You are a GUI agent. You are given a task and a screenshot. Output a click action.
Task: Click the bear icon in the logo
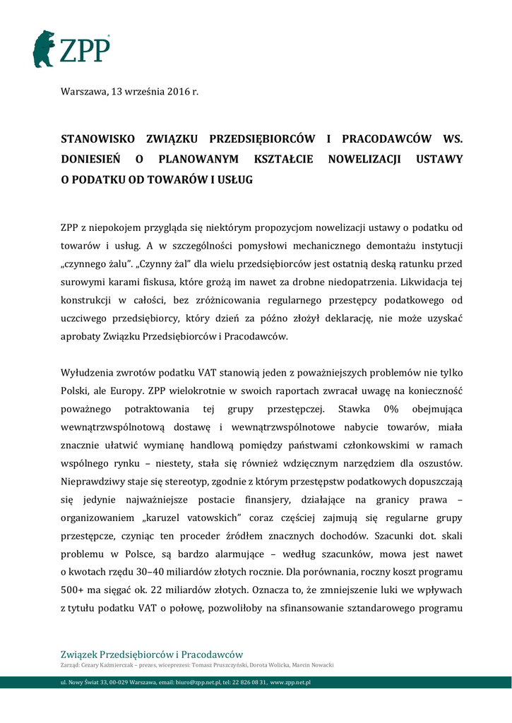(x=43, y=49)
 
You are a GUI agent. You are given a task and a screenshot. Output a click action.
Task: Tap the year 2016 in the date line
(x=179, y=92)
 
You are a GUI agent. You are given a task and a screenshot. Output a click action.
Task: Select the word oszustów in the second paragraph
(x=440, y=463)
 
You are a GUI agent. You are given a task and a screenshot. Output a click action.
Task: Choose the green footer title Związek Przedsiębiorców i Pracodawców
(x=152, y=654)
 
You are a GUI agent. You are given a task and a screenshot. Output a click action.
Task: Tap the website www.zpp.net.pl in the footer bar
(x=291, y=683)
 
